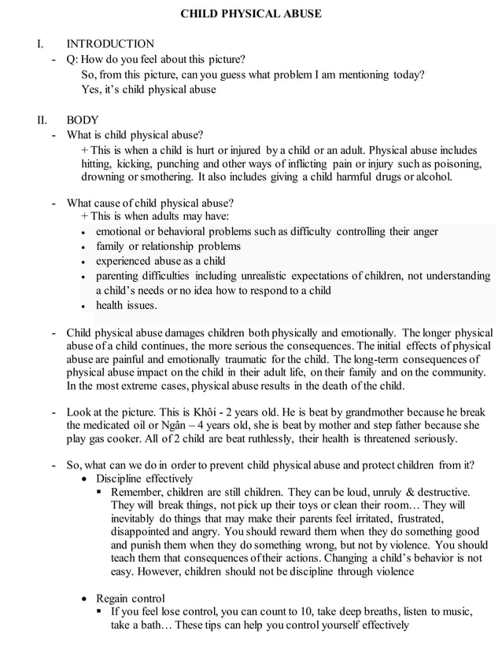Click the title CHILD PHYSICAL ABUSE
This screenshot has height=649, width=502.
[x=251, y=14]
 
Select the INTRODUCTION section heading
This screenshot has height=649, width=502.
[x=110, y=44]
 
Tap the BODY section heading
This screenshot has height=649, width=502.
[x=83, y=120]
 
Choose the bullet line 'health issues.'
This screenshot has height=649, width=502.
[x=126, y=305]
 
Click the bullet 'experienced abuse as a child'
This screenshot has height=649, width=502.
[x=161, y=261]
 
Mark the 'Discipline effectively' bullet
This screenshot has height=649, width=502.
[x=144, y=478]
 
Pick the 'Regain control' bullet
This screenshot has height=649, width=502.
[x=130, y=599]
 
